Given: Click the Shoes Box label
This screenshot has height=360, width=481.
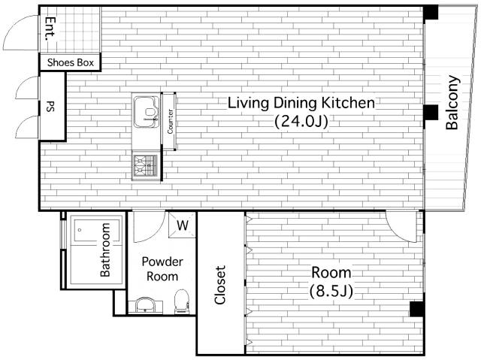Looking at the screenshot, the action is point(70,62).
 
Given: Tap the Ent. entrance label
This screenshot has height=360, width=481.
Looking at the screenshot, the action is point(50,29).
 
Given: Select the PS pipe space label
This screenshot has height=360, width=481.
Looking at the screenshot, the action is point(50,106).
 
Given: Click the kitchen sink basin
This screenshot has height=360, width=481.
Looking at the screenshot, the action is point(147,111).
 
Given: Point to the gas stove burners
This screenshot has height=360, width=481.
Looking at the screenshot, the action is point(146,165).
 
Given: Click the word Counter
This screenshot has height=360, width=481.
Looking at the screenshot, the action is point(170,122).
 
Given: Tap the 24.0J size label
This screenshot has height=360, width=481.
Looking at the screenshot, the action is point(301,122).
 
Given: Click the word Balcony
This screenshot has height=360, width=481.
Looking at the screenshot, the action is point(452,102).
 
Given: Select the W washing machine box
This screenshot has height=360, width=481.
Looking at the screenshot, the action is point(182,225).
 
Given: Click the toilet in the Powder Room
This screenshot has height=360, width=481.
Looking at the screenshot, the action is point(181,301).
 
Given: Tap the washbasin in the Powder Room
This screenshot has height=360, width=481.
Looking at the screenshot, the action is point(145,305).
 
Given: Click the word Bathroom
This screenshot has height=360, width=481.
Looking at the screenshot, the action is point(105,250).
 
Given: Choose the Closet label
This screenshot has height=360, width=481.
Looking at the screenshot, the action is point(220,285).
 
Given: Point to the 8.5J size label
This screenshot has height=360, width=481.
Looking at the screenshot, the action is point(331,291).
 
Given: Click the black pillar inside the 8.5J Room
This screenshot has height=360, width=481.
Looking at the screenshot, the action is point(417,309).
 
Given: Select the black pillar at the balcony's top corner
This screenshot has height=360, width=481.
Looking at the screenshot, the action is point(431,13).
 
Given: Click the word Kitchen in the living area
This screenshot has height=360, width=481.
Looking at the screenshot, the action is point(347,103).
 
